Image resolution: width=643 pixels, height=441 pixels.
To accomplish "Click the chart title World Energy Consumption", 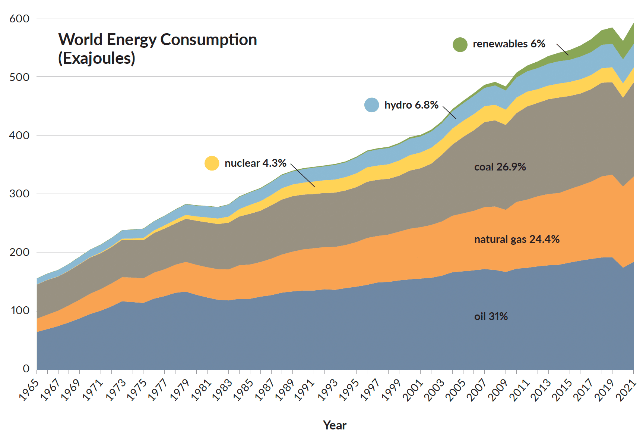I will [x=158, y=40].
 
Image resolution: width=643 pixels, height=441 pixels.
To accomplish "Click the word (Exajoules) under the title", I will [x=96, y=58].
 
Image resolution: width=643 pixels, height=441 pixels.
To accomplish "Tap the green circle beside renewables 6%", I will [x=460, y=44].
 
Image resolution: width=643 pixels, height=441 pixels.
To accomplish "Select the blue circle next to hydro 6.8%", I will [x=371, y=105].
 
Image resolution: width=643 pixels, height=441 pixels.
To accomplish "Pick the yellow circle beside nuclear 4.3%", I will [x=212, y=163].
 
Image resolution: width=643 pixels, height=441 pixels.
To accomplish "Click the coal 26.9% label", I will [x=500, y=167].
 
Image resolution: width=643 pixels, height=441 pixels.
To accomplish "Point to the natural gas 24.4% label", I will [x=516, y=239].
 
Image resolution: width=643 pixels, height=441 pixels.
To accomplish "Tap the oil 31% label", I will [x=491, y=316].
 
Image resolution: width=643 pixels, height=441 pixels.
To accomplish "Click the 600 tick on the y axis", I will [x=19, y=19].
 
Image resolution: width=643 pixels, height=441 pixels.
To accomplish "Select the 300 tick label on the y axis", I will [x=19, y=194].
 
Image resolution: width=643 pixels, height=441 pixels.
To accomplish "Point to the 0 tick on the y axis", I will [x=26, y=369].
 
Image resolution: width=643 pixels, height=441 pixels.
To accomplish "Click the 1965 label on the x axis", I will [x=29, y=390].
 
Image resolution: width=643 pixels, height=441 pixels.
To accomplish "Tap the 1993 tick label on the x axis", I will [x=327, y=390].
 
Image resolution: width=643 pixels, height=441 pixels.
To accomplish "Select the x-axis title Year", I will [x=335, y=425].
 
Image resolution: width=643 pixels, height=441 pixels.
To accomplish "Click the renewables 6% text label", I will [x=509, y=44].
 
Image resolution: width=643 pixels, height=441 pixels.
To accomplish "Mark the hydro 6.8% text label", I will [x=411, y=105].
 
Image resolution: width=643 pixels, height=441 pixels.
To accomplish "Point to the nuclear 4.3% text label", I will [x=255, y=163].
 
